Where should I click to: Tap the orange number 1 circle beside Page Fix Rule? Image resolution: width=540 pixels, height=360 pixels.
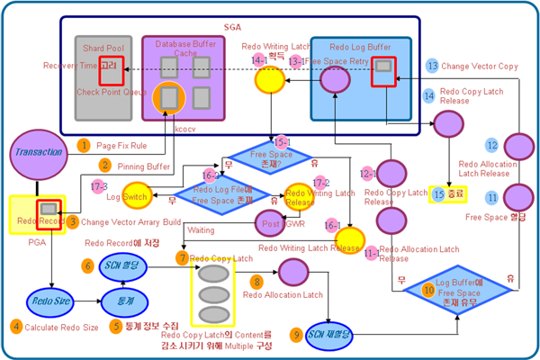coord(83,145)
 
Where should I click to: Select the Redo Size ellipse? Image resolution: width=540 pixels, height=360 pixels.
coord(50,301)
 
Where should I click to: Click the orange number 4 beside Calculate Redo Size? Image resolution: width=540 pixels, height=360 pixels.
coord(16,327)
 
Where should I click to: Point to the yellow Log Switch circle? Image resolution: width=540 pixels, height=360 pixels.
coord(136,195)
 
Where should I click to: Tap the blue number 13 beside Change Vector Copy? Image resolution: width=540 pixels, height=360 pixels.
coord(432,66)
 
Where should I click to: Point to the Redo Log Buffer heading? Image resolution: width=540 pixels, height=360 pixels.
coord(359,46)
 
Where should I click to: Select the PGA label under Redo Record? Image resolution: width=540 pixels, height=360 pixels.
coord(37,240)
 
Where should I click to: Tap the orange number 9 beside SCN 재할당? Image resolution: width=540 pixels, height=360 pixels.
coord(295,335)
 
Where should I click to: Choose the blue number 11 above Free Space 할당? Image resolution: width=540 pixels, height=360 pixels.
coord(492,197)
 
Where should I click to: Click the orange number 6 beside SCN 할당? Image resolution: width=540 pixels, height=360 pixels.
coord(87,265)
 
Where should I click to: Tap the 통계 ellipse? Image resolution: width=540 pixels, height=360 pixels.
coord(118,300)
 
